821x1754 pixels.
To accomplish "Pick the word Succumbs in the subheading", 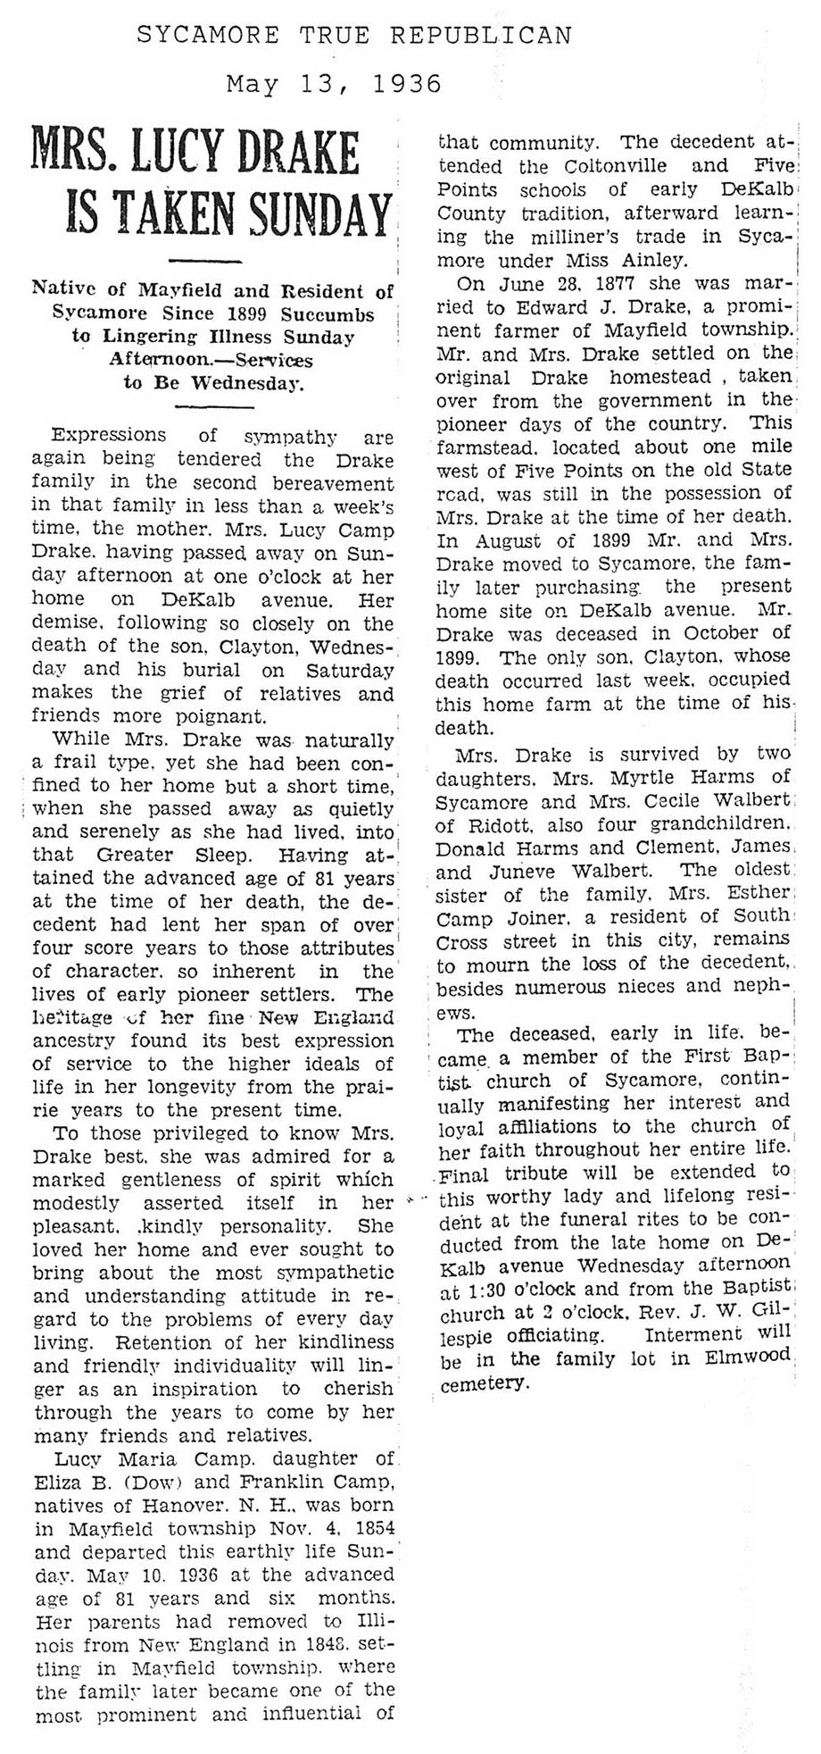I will coord(328,313).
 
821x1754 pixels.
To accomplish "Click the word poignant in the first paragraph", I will coord(223,715).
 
